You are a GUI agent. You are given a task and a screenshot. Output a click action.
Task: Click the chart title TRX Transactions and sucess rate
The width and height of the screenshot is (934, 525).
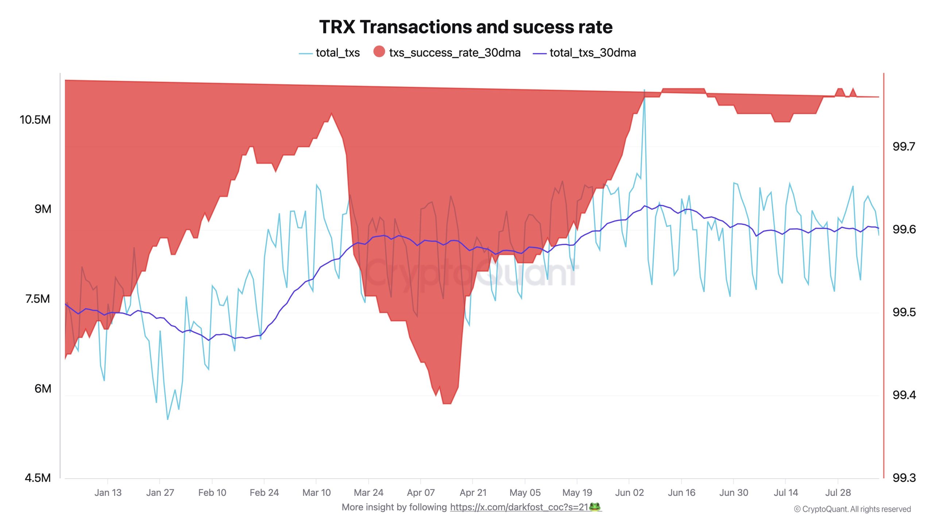(466, 27)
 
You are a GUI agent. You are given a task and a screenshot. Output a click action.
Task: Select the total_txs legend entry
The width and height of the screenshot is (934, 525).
(337, 53)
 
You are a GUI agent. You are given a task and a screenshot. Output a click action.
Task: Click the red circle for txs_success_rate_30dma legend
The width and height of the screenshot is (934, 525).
(379, 52)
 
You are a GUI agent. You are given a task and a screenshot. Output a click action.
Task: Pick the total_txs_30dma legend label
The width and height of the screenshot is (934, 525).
(592, 53)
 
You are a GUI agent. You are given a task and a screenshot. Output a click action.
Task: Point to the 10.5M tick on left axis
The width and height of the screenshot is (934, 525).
(35, 120)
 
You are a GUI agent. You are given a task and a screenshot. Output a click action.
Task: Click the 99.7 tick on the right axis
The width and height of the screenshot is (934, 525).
(904, 147)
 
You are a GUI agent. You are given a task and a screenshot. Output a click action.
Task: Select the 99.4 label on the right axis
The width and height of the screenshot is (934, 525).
(904, 395)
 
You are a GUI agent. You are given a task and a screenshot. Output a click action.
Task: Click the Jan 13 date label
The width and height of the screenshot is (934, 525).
(108, 493)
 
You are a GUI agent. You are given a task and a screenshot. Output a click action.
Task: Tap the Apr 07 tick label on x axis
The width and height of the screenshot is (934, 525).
(421, 493)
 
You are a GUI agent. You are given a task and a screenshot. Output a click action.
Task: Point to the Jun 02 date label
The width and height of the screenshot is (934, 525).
(629, 493)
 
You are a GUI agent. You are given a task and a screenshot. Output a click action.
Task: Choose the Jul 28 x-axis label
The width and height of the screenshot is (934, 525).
(838, 493)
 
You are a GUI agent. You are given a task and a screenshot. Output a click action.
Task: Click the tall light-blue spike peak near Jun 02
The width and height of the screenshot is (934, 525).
(644, 90)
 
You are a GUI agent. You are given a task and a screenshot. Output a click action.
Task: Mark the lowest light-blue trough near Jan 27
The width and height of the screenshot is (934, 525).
(167, 419)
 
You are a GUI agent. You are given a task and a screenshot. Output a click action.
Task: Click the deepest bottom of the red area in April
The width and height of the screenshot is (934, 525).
(447, 403)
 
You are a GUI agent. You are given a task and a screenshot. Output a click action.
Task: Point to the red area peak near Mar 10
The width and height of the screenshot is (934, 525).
(331, 114)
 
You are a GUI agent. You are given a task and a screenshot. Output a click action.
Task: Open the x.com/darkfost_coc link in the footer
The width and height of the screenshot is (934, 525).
(519, 507)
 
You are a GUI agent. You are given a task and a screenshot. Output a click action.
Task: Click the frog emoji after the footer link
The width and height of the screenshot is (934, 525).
(595, 507)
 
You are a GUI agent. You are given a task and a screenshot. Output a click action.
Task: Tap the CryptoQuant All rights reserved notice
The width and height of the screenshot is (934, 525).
(852, 509)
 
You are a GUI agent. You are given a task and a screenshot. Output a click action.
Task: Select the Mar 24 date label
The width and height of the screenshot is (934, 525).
(368, 493)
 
